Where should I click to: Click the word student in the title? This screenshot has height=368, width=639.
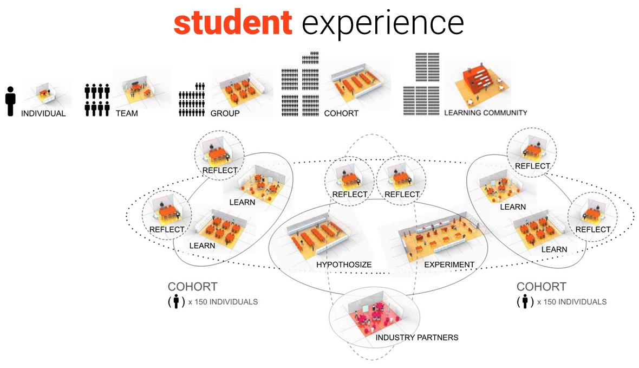pyautogui.click(x=232, y=22)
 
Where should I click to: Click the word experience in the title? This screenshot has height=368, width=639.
pyautogui.click(x=382, y=23)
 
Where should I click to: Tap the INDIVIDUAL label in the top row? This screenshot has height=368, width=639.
pyautogui.click(x=43, y=114)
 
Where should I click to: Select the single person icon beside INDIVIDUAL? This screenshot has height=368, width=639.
pyautogui.click(x=10, y=101)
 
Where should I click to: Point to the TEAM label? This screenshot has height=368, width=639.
pyautogui.click(x=127, y=114)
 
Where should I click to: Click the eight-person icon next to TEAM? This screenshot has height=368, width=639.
pyautogui.click(x=97, y=100)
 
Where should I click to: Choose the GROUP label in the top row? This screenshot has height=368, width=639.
pyautogui.click(x=225, y=114)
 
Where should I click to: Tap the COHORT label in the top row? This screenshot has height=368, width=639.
pyautogui.click(x=341, y=114)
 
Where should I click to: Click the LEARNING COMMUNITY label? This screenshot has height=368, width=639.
pyautogui.click(x=485, y=113)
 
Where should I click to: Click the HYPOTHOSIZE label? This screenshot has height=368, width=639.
pyautogui.click(x=344, y=264)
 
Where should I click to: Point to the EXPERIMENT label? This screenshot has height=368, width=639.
pyautogui.click(x=449, y=264)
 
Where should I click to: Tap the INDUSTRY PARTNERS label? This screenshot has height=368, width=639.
pyautogui.click(x=417, y=337)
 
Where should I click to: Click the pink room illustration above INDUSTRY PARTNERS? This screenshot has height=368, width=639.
pyautogui.click(x=374, y=314)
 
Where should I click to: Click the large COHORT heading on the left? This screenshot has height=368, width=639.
pyautogui.click(x=192, y=287)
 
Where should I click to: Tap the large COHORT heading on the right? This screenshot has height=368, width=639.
pyautogui.click(x=541, y=287)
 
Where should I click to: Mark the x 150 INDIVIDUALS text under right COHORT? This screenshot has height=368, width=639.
pyautogui.click(x=572, y=302)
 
